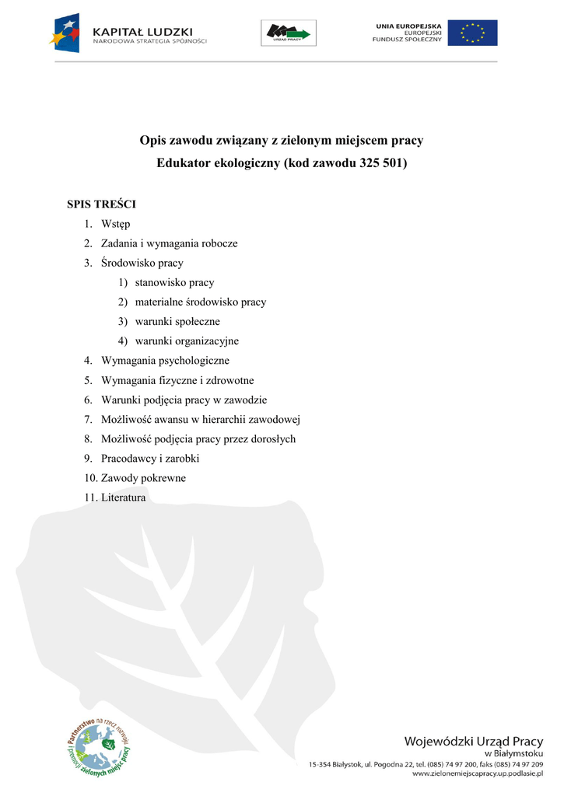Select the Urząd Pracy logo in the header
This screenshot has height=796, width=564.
pyautogui.click(x=288, y=33)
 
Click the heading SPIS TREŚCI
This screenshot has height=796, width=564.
pyautogui.click(x=101, y=204)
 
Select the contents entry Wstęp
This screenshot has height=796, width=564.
pyautogui.click(x=116, y=224)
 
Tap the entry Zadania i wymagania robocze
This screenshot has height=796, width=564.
pyautogui.click(x=169, y=243)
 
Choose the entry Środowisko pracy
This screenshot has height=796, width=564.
pyautogui.click(x=142, y=263)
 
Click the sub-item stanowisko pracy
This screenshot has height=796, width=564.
pyautogui.click(x=174, y=282)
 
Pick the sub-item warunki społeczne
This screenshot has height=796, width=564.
pyautogui.click(x=177, y=321)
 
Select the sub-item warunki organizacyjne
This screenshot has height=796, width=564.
pyautogui.click(x=187, y=340)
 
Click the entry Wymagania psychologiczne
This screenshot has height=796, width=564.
pyautogui.click(x=165, y=361)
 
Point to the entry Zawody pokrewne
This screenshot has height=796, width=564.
pyautogui.click(x=143, y=478)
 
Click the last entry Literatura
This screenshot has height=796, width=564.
pyautogui.click(x=123, y=497)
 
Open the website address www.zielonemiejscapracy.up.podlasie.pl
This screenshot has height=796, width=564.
pyautogui.click(x=477, y=774)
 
